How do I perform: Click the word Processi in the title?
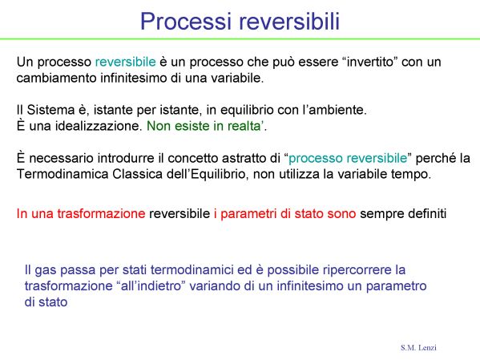click(x=186, y=21)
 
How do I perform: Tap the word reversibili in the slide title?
click(x=289, y=21)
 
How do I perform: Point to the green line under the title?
click(x=240, y=39)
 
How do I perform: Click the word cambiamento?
click(x=57, y=78)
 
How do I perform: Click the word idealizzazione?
click(x=97, y=126)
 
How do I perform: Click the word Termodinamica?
click(x=63, y=174)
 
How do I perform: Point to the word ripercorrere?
click(x=357, y=270)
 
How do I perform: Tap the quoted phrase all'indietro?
click(x=151, y=286)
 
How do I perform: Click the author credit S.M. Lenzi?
click(x=418, y=347)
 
